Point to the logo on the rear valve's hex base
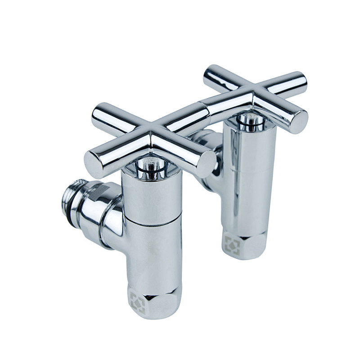tap(232, 244)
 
